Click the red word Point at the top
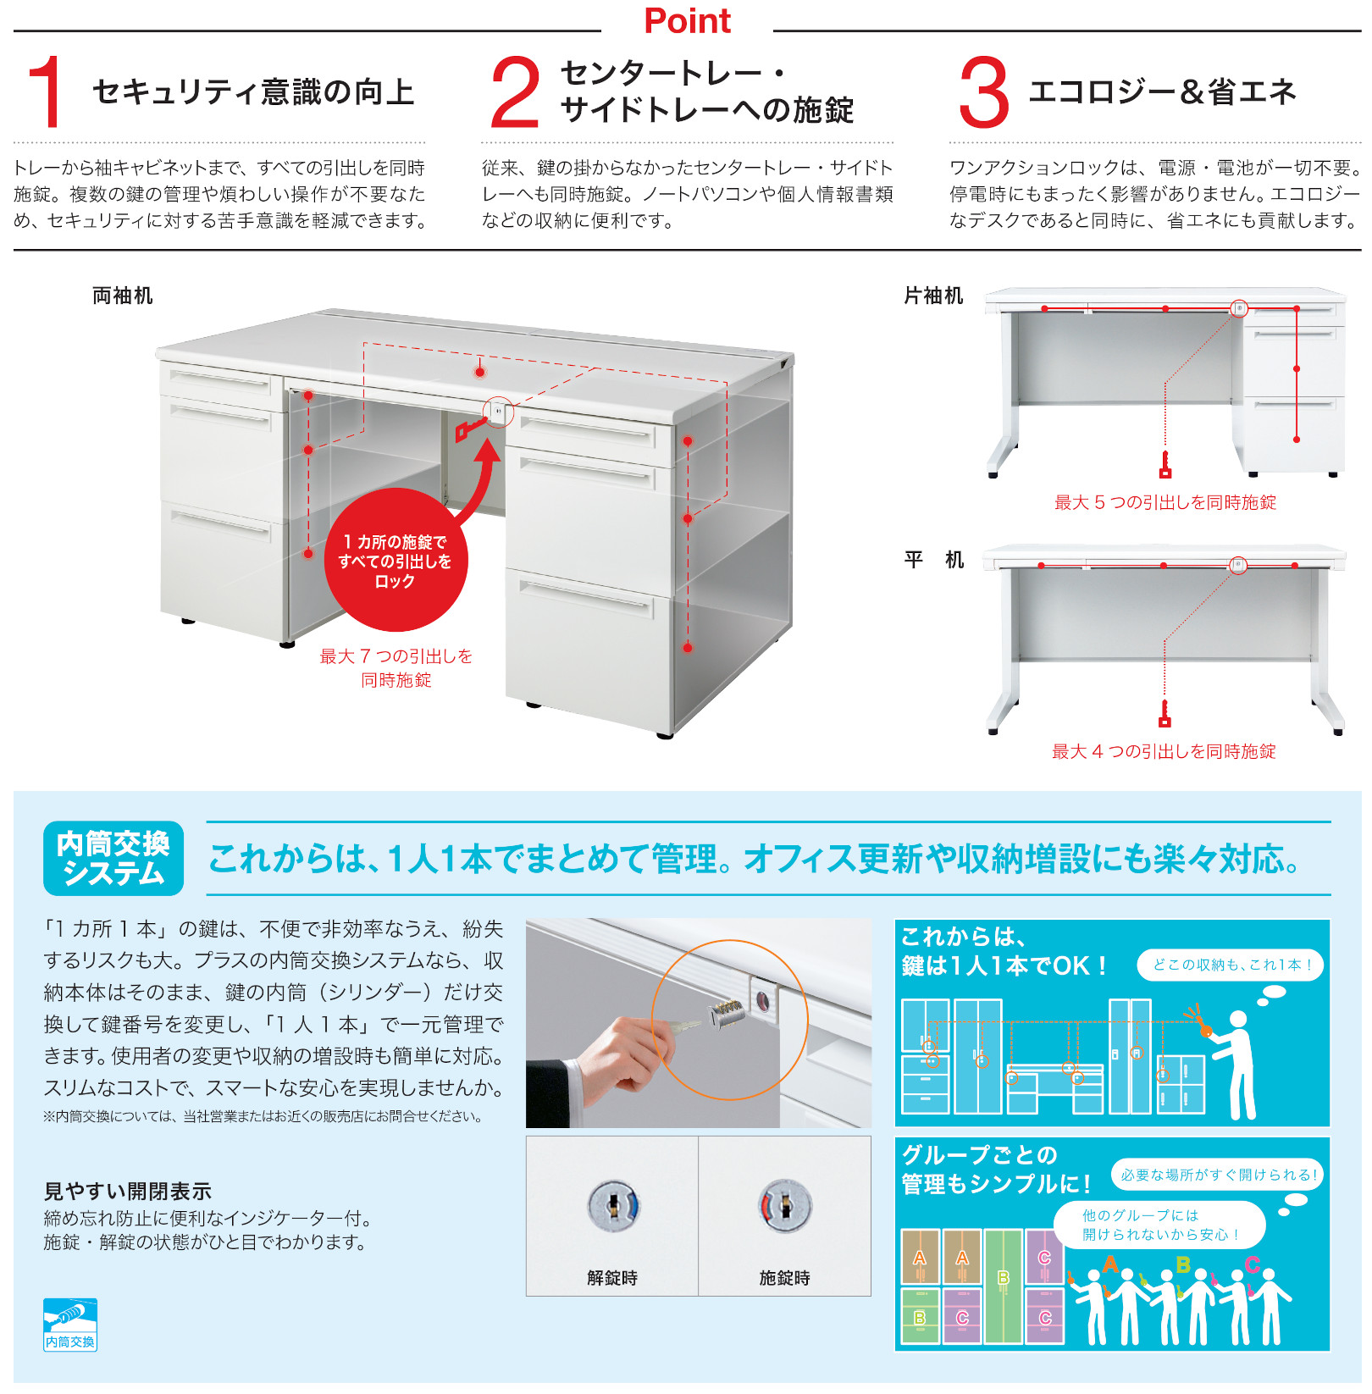[x=687, y=21]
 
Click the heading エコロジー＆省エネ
[x=1162, y=91]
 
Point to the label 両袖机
[x=123, y=296]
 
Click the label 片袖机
[x=933, y=296]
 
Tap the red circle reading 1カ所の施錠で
[x=396, y=560]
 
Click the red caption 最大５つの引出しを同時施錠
[x=1165, y=502]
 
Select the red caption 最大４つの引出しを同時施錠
[x=1164, y=751]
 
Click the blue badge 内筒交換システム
[x=113, y=858]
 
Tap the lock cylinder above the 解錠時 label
[x=613, y=1206]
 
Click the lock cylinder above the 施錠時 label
[x=785, y=1206]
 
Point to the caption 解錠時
[x=612, y=1278]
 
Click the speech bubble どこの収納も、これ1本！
[x=1231, y=965]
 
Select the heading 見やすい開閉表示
[x=128, y=1192]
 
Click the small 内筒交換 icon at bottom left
[x=70, y=1325]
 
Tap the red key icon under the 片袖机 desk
[x=1165, y=465]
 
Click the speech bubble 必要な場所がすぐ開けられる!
[x=1219, y=1175]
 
